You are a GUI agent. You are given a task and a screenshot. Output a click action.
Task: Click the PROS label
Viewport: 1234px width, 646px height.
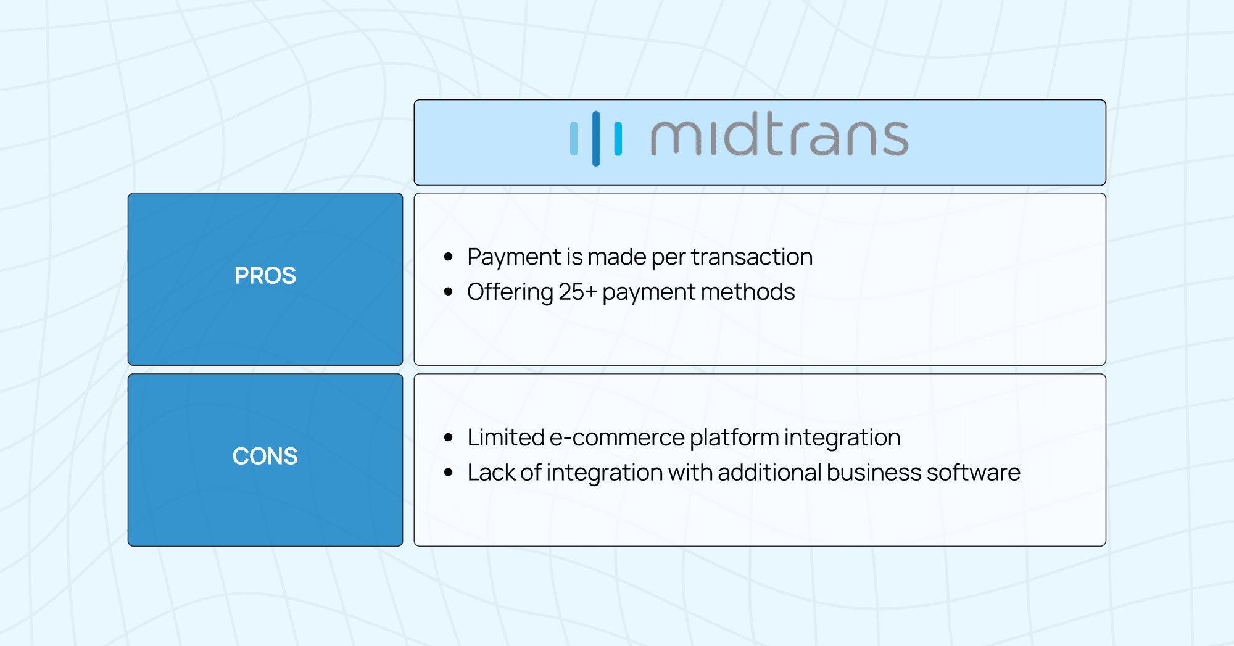pos(265,276)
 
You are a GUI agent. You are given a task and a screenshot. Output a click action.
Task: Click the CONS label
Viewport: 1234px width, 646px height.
pos(265,457)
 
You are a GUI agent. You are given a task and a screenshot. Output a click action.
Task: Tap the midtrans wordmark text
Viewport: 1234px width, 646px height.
pos(779,137)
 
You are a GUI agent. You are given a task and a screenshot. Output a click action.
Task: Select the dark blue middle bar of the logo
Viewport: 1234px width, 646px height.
pos(596,138)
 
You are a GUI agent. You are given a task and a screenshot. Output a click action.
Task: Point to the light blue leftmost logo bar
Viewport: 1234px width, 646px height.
pos(574,139)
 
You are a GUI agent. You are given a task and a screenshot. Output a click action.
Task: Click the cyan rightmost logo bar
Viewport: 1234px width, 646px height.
pos(618,139)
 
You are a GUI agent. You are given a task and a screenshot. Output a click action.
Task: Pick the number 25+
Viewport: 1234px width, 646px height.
pos(578,292)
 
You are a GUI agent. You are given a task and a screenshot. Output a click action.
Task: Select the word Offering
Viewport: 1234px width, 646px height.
pos(510,292)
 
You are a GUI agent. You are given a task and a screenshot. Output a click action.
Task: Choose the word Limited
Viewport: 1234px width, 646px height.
pos(505,438)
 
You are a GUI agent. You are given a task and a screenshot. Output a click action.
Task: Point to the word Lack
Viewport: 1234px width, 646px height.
pos(491,473)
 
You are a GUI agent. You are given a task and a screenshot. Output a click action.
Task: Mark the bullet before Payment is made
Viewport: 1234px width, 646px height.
pos(449,257)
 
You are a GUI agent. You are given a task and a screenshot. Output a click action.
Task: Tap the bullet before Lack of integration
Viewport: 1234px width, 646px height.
pos(449,473)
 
